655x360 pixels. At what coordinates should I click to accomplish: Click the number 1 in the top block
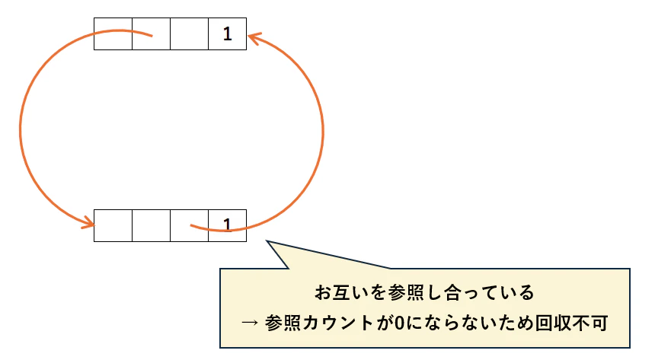(227, 34)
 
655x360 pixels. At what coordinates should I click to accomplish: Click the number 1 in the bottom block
(227, 225)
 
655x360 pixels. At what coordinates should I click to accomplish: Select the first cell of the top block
(113, 33)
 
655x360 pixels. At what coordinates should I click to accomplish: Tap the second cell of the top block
(152, 33)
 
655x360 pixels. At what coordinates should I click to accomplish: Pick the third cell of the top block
(189, 33)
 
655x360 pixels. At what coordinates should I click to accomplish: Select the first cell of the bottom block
(113, 225)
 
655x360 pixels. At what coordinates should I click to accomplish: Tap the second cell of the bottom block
(152, 225)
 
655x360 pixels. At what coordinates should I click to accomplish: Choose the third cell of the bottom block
(189, 225)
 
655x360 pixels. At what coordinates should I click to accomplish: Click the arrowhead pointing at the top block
(254, 38)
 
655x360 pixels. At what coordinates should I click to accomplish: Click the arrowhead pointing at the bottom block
(88, 223)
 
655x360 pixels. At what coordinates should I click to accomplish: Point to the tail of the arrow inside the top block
(152, 37)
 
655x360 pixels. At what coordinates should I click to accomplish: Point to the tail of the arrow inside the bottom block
(191, 225)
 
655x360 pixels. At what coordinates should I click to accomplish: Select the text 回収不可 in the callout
(571, 323)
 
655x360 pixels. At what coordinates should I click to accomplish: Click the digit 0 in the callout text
(399, 323)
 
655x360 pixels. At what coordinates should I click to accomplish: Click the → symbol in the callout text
(249, 323)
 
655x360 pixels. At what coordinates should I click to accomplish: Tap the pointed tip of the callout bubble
(267, 241)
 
